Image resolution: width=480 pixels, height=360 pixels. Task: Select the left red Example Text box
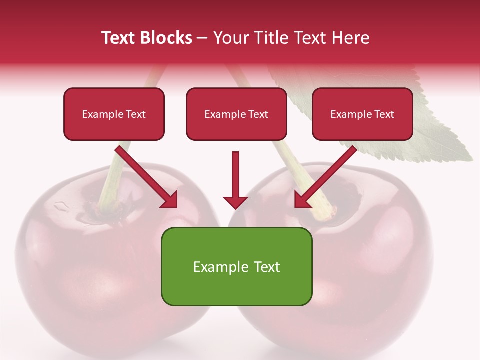click(x=114, y=114)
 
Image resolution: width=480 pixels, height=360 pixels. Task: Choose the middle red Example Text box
click(x=236, y=114)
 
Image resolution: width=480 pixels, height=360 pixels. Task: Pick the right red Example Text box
click(x=362, y=114)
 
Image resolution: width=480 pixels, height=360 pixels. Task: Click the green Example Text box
click(x=236, y=266)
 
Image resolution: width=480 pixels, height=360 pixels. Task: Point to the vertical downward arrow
click(x=235, y=177)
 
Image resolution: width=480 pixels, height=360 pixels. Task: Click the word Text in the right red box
click(x=384, y=114)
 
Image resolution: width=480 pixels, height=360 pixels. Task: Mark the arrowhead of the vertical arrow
click(x=235, y=202)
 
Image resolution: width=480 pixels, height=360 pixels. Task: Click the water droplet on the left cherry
click(x=61, y=205)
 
